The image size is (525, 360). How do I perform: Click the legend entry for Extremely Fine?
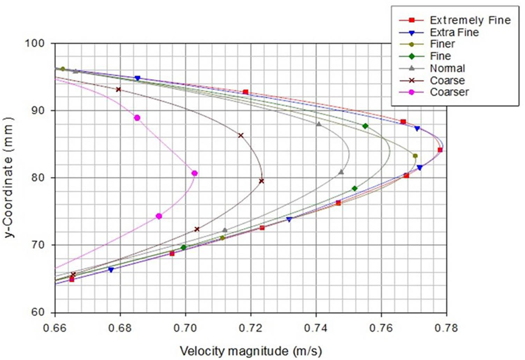pos(470,20)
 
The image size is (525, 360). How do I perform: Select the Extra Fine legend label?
pos(454,32)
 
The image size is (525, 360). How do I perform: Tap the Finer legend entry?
pos(442,44)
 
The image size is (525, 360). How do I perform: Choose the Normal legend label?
pos(447,68)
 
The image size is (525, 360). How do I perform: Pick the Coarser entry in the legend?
pos(449,92)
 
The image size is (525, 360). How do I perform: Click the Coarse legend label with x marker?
pos(447,80)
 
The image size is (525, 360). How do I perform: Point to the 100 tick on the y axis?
pos(35,43)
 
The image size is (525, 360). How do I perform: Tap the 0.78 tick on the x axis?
pos(446,328)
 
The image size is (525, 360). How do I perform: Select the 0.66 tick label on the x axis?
pos(55,328)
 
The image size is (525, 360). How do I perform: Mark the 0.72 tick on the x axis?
pos(251,328)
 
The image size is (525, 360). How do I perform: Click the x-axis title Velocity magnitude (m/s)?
pos(251,351)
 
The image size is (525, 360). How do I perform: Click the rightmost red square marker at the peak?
pos(440,150)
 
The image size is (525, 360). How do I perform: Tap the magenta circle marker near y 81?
pos(195,173)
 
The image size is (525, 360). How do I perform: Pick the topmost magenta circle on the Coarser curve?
pos(137,118)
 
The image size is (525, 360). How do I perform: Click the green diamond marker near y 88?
pos(365,126)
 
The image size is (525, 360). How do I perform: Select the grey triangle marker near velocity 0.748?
pos(341,172)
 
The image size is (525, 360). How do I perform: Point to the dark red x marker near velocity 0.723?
pos(261,181)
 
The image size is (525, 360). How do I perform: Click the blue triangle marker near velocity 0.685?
pos(138,78)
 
